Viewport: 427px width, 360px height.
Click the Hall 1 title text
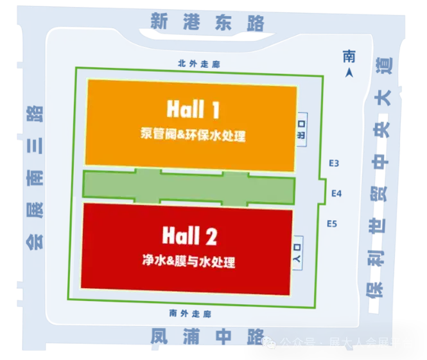[193, 110]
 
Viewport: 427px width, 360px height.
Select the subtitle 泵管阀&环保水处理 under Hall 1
[193, 135]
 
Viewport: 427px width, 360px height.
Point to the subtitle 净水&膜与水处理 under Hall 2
[189, 262]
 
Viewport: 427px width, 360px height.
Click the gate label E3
[333, 164]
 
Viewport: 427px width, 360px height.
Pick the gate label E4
[333, 193]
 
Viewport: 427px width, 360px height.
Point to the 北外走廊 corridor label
[190, 64]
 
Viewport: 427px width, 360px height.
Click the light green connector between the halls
[189, 186]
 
